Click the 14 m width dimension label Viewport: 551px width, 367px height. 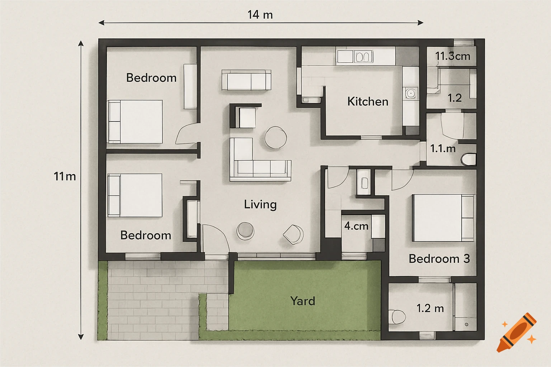260,15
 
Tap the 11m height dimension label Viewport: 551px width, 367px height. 65,176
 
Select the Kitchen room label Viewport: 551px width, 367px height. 368,101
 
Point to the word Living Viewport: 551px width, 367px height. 260,204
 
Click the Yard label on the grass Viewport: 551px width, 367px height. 303,301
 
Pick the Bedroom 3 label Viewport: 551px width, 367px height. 439,258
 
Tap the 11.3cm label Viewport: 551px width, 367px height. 453,56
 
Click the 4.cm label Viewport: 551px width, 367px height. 356,226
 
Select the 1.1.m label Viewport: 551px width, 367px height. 443,148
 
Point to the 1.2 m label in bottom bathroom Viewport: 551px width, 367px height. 430,308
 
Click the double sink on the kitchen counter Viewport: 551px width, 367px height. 363,57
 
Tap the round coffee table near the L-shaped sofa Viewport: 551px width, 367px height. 275,137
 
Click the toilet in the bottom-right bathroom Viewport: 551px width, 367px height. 397,316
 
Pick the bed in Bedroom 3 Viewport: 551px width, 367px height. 443,218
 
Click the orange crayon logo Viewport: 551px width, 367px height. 517,332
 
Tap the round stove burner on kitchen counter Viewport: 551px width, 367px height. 410,93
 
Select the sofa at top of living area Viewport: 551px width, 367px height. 246,80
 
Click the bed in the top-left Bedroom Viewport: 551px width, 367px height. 135,121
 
